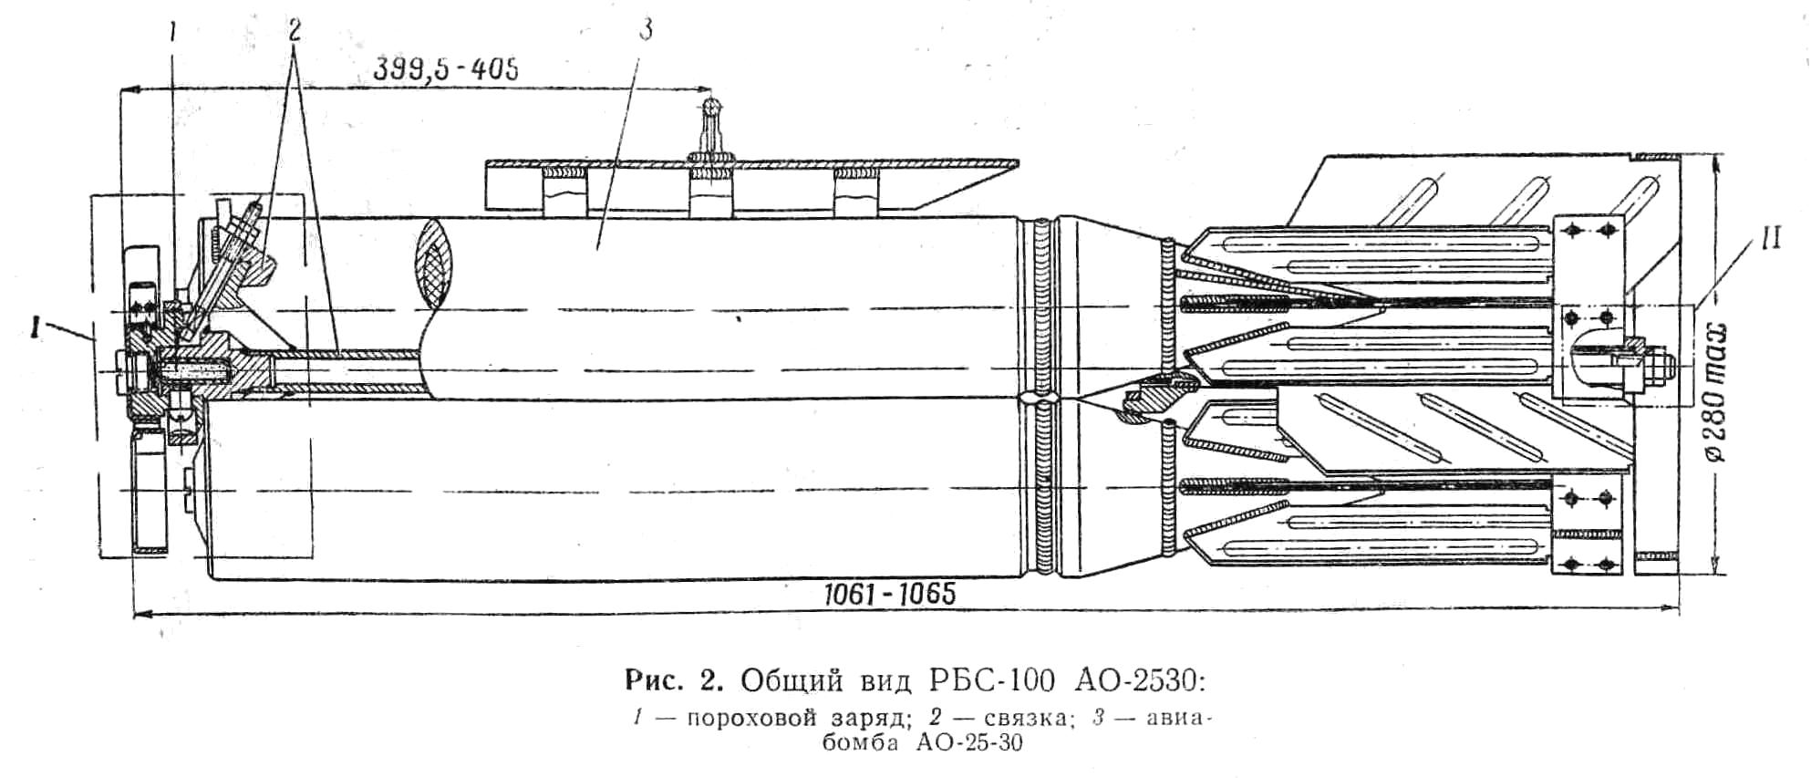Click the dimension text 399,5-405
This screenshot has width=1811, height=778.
[446, 70]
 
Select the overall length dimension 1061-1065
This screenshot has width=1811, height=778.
[889, 595]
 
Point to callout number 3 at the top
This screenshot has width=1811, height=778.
[646, 30]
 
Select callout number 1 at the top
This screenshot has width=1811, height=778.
[173, 33]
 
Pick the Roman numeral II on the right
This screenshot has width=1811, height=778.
[1770, 241]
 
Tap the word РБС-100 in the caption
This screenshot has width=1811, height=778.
[992, 680]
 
